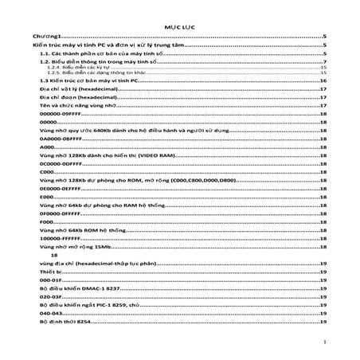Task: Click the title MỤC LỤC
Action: click(179, 26)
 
